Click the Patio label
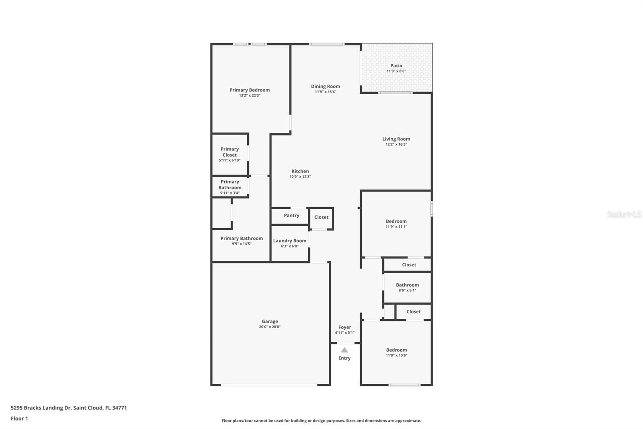(x=396, y=66)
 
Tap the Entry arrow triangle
(x=344, y=350)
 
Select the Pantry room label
(x=291, y=216)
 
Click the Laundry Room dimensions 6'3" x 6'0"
(x=289, y=246)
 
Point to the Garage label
(x=270, y=322)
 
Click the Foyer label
(x=344, y=328)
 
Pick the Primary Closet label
(x=229, y=152)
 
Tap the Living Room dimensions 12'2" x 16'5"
(x=396, y=144)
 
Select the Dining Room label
(x=325, y=87)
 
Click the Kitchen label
(x=300, y=171)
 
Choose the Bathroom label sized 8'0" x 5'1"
(x=407, y=285)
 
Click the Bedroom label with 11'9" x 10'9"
(x=396, y=350)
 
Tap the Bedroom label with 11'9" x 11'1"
(x=396, y=221)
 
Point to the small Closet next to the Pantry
(x=321, y=217)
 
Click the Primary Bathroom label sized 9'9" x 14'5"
(x=242, y=239)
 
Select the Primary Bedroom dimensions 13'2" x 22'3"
(x=250, y=96)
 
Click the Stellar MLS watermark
(x=624, y=215)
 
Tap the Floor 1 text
(x=19, y=419)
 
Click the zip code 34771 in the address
(x=120, y=408)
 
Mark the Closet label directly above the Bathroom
(x=409, y=265)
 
